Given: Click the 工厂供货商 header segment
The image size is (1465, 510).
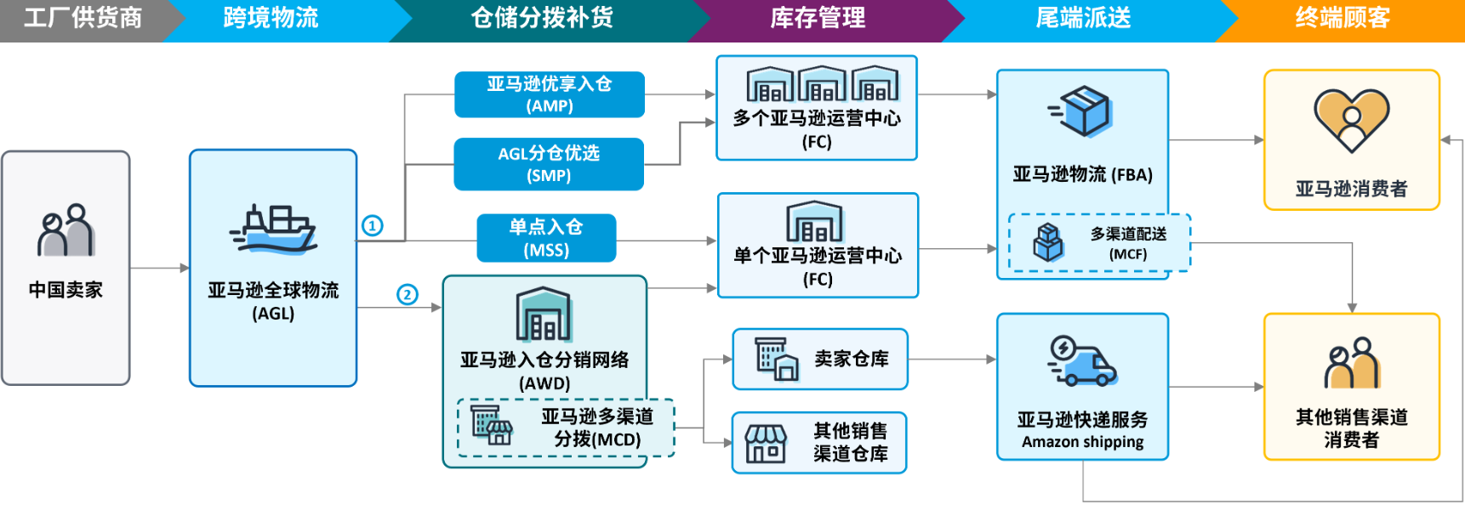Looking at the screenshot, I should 83,18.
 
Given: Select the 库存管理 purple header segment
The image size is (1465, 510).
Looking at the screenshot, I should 818,18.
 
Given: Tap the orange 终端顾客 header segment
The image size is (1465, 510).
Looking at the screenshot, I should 1342,18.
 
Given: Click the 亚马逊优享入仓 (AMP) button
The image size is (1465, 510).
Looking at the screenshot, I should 549,94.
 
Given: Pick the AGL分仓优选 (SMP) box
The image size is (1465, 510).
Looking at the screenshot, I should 549,164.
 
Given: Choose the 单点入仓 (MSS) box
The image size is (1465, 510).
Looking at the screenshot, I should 546,238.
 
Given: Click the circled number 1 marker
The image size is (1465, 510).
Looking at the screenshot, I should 373,225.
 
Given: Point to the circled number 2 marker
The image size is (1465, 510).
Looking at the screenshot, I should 408,294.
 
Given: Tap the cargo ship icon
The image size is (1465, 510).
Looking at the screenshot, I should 274,229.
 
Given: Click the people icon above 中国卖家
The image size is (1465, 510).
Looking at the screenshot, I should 66,230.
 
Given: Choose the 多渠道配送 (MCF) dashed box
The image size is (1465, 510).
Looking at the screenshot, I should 1099,243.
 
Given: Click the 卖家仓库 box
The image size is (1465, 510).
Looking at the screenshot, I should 819,359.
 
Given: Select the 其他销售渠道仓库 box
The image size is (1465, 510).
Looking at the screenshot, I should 819,442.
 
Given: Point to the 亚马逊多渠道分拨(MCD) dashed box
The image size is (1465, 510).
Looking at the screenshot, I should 566,428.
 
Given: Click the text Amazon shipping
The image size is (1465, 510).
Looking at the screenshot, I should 1082,442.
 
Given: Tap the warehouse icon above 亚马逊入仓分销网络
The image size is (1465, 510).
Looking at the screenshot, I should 544,314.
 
